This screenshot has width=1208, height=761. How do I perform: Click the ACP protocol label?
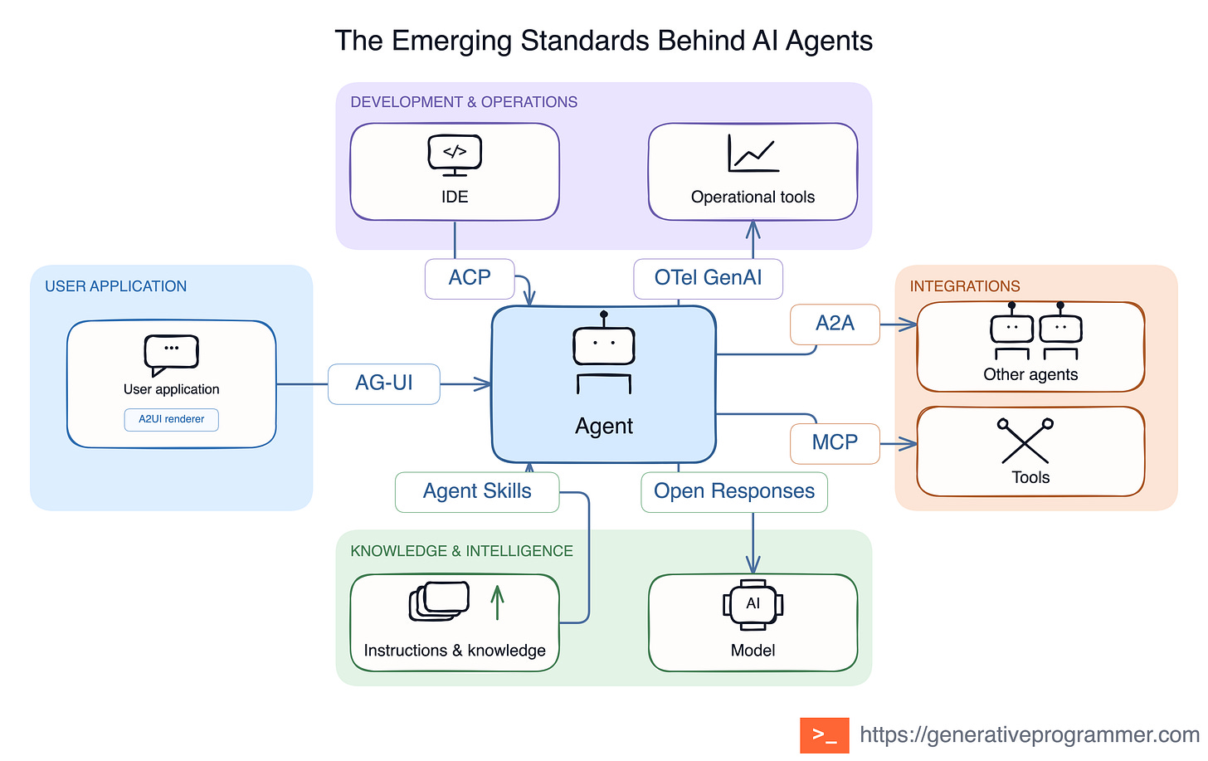click(470, 278)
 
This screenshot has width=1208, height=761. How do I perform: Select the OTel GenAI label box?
click(708, 278)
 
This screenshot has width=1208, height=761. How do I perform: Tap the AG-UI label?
click(384, 383)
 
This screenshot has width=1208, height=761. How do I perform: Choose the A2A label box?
click(835, 324)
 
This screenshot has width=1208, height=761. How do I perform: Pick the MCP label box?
click(835, 443)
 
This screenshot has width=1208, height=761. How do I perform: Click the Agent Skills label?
click(477, 491)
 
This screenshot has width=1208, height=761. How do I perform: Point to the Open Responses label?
click(734, 491)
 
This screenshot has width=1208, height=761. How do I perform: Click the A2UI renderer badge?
click(172, 419)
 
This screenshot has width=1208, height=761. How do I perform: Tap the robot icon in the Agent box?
click(603, 352)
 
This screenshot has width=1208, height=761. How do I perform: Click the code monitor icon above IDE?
click(455, 155)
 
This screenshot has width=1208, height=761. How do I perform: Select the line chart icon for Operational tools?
click(753, 154)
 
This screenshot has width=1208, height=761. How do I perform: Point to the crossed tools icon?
click(1025, 440)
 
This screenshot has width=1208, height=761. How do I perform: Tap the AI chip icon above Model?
click(753, 605)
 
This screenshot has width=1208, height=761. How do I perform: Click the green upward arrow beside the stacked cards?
click(497, 602)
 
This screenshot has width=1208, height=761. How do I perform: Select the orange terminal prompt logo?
click(824, 734)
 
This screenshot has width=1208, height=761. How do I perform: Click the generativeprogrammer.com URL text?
click(1030, 734)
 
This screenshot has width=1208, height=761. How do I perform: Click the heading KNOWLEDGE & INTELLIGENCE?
click(461, 551)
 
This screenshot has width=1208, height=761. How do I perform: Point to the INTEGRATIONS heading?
click(965, 285)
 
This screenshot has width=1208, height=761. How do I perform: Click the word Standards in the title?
click(585, 41)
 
